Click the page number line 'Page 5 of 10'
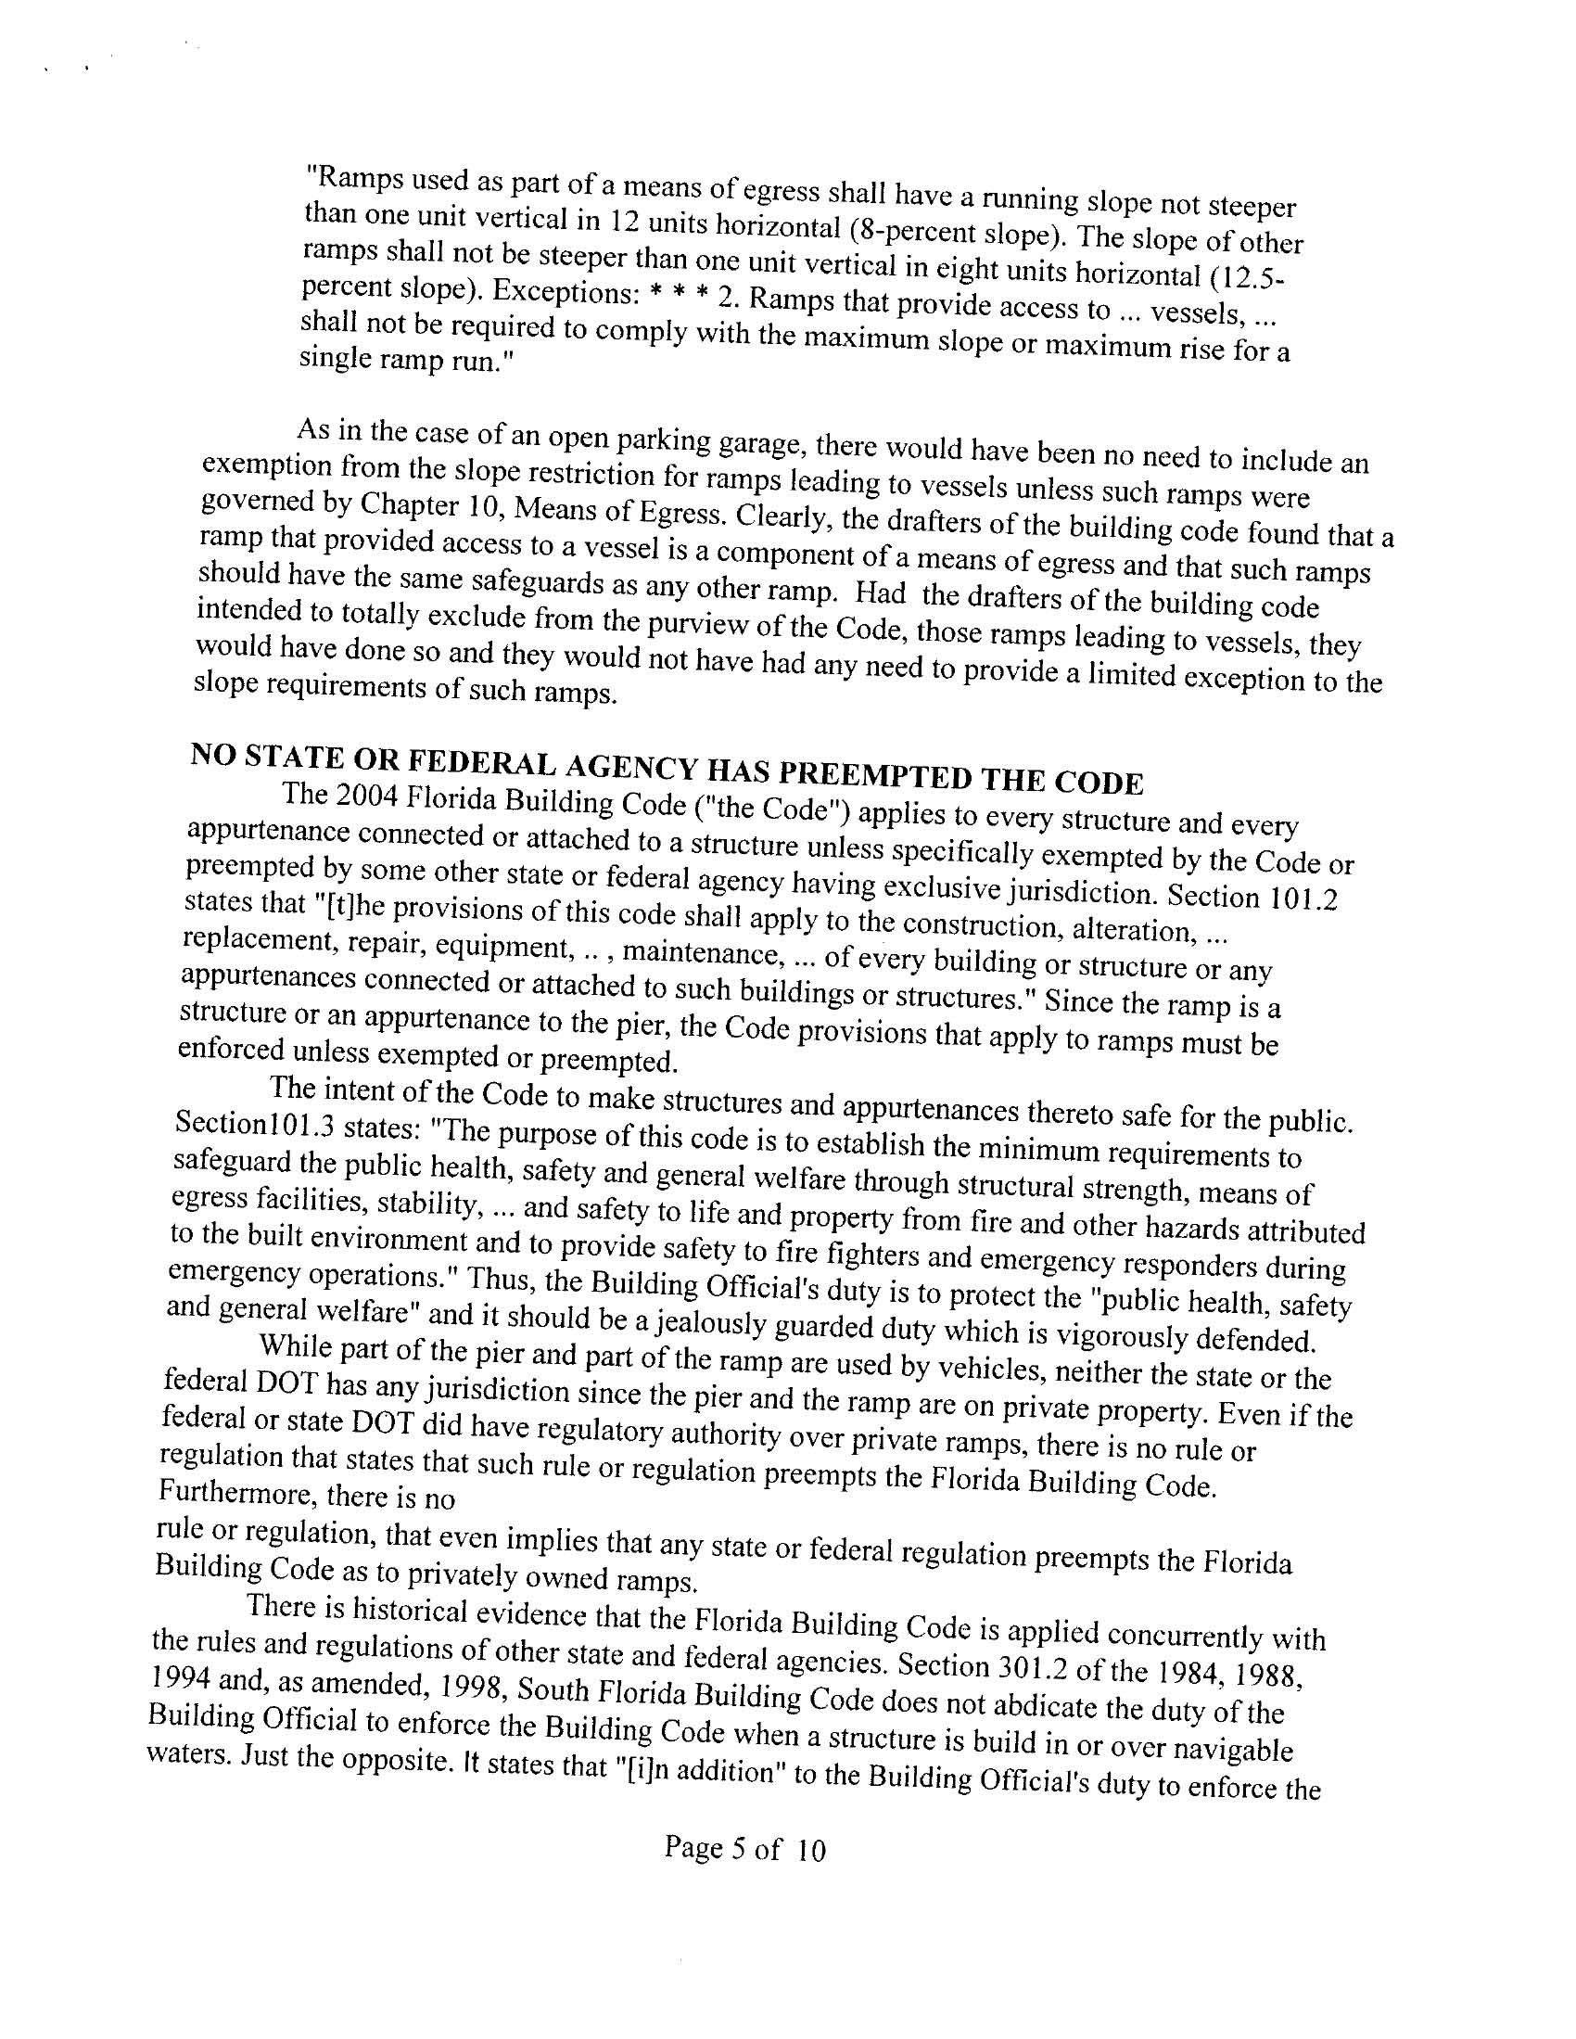(x=745, y=1867)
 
